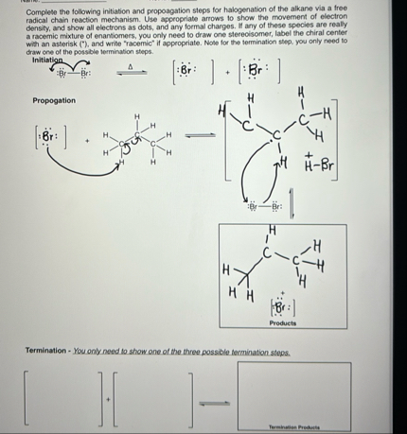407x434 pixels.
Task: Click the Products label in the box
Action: coord(282,322)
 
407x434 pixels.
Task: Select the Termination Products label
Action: coord(293,426)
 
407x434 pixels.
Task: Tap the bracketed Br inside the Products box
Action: coord(280,306)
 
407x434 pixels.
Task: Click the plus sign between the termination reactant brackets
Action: coord(110,399)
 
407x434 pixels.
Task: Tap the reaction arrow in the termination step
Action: coord(214,401)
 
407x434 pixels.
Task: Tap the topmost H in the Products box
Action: coord(274,229)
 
